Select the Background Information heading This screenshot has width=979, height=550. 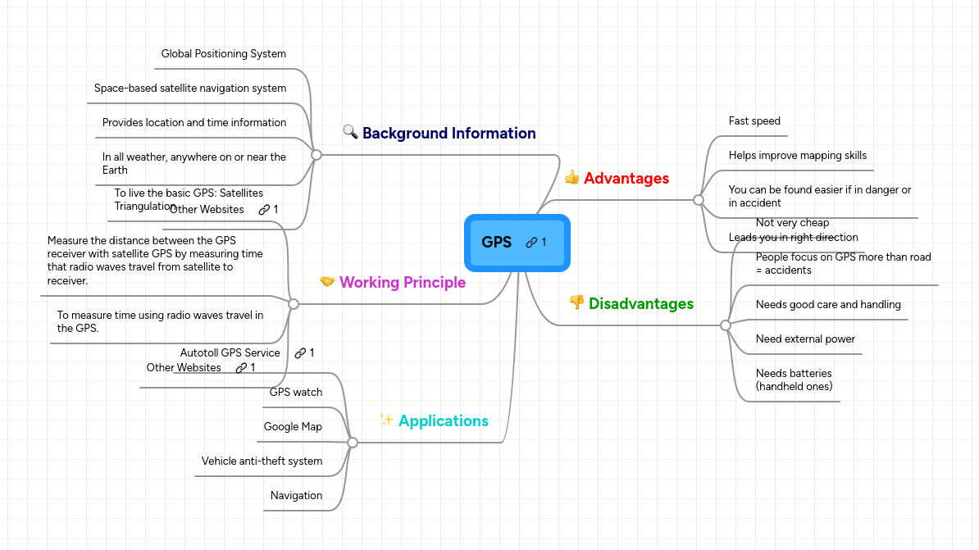449,134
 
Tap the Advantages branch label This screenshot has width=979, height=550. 626,179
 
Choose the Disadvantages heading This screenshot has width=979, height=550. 640,304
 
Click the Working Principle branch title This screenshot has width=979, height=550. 402,283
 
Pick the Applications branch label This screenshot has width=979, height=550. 443,421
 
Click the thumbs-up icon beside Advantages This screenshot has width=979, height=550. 571,177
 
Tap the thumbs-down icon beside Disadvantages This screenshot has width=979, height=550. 576,302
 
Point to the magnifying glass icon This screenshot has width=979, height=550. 350,132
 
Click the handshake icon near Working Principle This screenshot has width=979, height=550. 327,282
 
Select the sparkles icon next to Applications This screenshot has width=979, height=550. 387,420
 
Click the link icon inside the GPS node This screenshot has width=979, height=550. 531,243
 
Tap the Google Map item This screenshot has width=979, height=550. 293,427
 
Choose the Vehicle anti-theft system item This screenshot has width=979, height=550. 262,461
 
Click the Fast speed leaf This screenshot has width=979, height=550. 754,121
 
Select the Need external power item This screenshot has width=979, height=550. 804,339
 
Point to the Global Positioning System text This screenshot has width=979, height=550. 223,54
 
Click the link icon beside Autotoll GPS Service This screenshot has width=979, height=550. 300,353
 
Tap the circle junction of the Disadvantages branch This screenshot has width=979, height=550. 725,325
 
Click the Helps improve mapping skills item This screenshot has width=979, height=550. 797,156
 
